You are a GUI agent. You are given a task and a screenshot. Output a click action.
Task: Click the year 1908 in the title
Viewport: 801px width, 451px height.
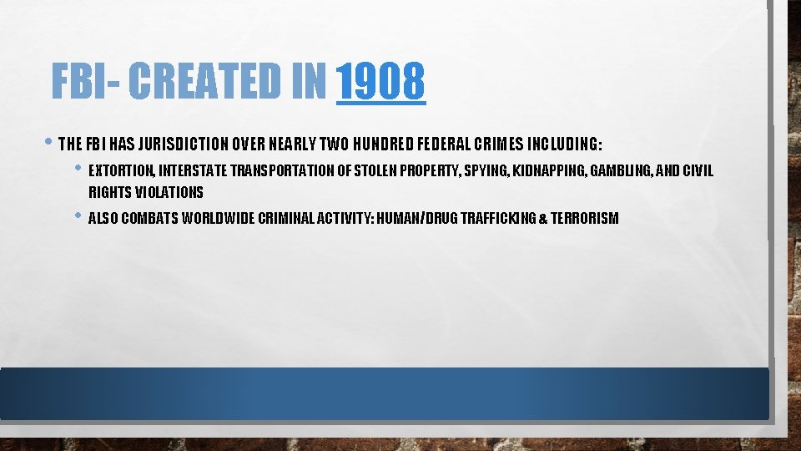[x=381, y=82]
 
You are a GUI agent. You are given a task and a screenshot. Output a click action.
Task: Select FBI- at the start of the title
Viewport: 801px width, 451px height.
[x=86, y=82]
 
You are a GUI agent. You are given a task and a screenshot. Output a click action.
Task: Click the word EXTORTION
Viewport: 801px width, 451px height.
[x=120, y=171]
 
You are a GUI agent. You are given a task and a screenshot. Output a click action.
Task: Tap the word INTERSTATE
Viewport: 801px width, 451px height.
[x=192, y=171]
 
